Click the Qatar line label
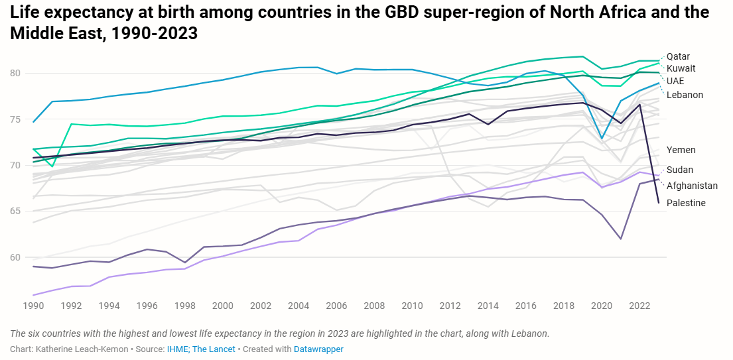point(678,56)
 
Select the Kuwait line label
point(681,68)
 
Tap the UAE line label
point(675,81)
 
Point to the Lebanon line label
point(685,95)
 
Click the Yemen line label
point(681,150)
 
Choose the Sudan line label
point(680,170)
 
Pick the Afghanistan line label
point(692,186)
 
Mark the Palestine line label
point(686,203)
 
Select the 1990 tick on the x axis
point(33,306)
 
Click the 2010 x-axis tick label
point(412,306)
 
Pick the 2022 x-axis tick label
point(639,306)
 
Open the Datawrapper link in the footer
point(318,349)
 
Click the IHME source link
point(177,349)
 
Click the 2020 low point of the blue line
point(601,138)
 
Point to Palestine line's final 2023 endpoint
point(658,202)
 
